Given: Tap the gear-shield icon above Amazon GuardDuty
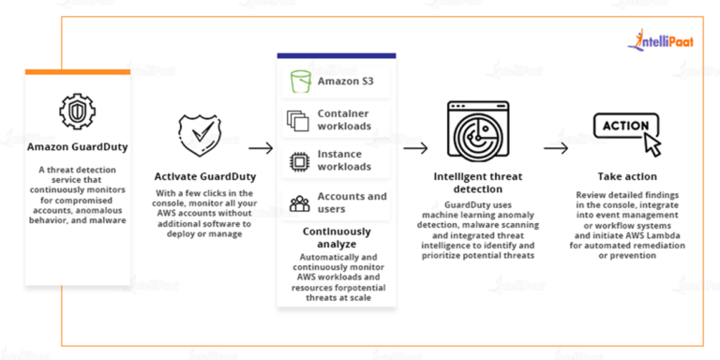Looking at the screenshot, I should point(78,111).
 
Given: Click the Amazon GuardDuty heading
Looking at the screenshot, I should point(77,147).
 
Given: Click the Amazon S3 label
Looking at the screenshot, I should point(344,82).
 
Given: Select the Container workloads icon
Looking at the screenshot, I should point(298,120).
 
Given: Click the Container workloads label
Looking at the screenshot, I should point(344,120).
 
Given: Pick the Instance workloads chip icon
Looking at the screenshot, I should point(298,160).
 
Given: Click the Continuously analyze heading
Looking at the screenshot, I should point(336,236).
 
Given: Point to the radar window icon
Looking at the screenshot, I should point(478,132).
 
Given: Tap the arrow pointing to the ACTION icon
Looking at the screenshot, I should point(555,148).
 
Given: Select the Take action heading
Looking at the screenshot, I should point(627,176).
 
